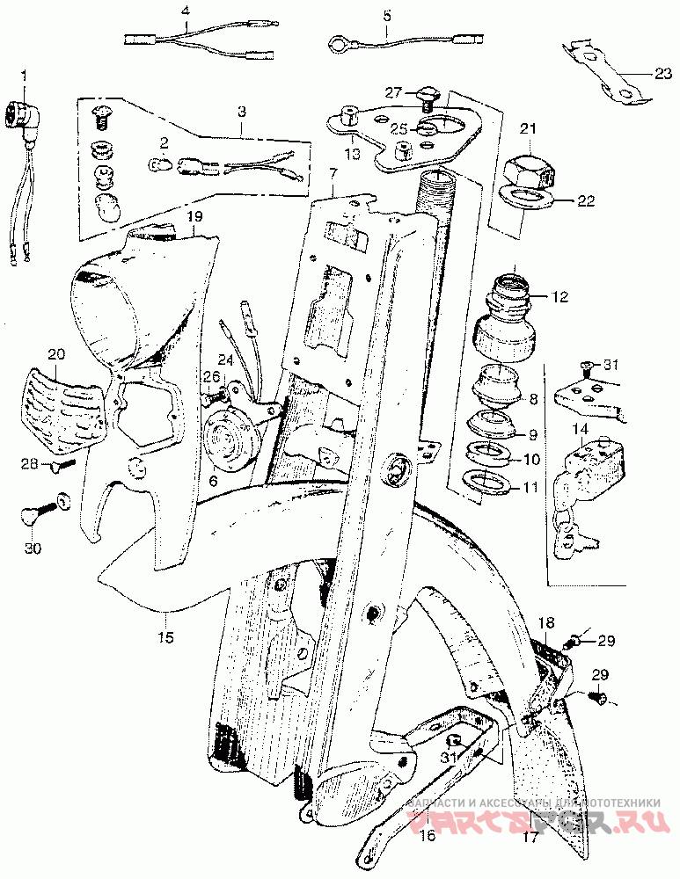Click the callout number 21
(x=528, y=129)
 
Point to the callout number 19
(x=194, y=215)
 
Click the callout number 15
(x=166, y=636)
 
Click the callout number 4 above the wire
(x=186, y=11)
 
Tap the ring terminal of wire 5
(x=339, y=41)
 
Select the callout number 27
(x=393, y=91)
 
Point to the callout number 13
(x=352, y=154)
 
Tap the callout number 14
(x=580, y=428)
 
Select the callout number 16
(x=427, y=836)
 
